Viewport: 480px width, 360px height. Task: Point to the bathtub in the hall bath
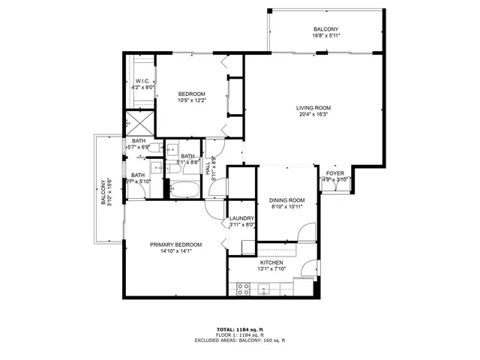[184, 188]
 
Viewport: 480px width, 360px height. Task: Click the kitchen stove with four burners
[244, 287]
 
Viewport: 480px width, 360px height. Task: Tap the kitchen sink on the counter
[265, 289]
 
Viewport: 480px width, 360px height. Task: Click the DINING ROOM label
[287, 200]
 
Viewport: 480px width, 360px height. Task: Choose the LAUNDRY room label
[242, 218]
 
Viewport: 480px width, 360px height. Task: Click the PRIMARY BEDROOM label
[175, 244]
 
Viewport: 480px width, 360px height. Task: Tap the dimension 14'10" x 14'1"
[175, 251]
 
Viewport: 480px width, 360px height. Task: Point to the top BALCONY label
[325, 29]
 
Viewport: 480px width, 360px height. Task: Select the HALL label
[208, 169]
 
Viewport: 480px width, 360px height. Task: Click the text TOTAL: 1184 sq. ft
[239, 330]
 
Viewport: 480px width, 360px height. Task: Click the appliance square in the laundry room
[248, 247]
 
